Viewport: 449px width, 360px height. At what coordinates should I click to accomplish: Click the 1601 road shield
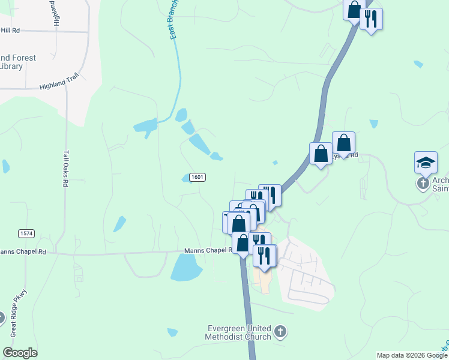[x=197, y=177]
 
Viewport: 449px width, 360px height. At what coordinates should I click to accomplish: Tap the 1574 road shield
[x=25, y=233]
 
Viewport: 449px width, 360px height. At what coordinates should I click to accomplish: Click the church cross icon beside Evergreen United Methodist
[x=280, y=331]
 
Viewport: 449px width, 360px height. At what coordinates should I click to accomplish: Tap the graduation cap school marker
[x=426, y=163]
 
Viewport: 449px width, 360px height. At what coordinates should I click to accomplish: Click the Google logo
[x=20, y=353]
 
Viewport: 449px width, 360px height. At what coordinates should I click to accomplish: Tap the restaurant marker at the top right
[x=371, y=19]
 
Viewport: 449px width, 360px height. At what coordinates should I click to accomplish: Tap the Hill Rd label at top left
[x=10, y=30]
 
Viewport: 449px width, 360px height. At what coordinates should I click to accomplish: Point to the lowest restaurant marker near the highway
[x=264, y=256]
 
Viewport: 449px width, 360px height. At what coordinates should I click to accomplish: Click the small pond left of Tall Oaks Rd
[x=6, y=166]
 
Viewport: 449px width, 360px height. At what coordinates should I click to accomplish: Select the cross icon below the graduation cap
[x=423, y=182]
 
